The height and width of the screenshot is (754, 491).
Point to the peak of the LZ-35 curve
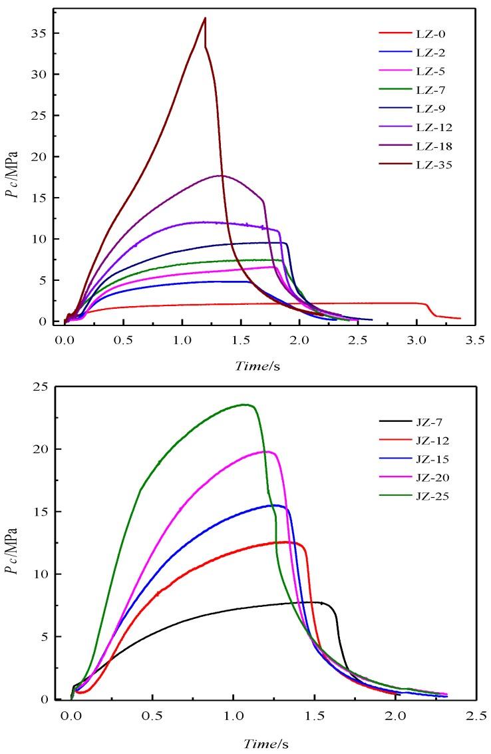206,18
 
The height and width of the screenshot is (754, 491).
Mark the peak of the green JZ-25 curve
245,405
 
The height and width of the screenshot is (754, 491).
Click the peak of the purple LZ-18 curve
222,176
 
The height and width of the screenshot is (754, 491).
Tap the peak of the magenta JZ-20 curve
267,451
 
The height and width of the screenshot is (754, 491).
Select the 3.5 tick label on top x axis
474,339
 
